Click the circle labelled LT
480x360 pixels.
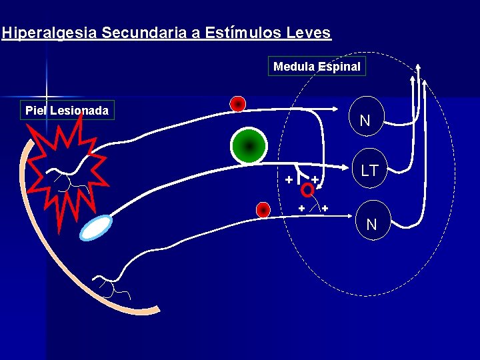click(369, 171)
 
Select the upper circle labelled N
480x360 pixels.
click(365, 121)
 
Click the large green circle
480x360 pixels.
click(249, 145)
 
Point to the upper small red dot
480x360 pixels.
click(237, 103)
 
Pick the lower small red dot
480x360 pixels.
click(264, 210)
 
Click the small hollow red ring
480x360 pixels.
click(307, 191)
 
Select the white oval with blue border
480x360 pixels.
click(97, 227)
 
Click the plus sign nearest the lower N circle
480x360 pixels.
click(325, 209)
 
